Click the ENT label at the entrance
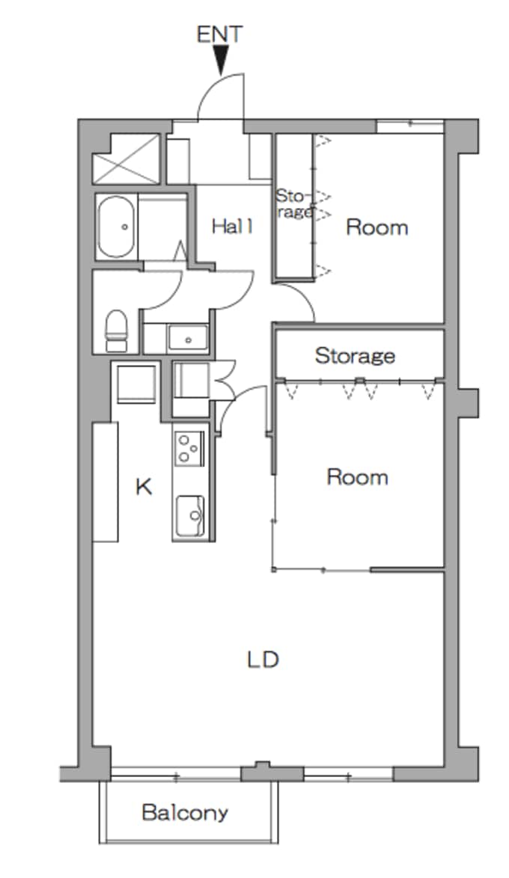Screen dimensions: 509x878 tap(220, 34)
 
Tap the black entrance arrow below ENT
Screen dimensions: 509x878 tap(221, 59)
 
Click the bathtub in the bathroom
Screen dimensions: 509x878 tap(117, 227)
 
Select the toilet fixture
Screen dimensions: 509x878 tap(117, 331)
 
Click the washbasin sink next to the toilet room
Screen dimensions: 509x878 tap(188, 338)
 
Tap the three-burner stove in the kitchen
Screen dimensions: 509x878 tap(189, 448)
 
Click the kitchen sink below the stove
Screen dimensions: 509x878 tap(190, 516)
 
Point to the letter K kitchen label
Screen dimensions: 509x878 tap(144, 487)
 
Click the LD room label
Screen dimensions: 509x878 tap(263, 660)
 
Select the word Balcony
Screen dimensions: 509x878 tap(185, 812)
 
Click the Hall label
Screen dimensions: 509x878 tap(232, 226)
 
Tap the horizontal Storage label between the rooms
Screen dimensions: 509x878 tap(355, 355)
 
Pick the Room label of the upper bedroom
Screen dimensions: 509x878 tap(377, 227)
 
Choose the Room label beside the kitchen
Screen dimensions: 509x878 tap(358, 477)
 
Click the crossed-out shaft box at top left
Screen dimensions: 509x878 tap(127, 159)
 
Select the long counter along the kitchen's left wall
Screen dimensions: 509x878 tap(106, 482)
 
